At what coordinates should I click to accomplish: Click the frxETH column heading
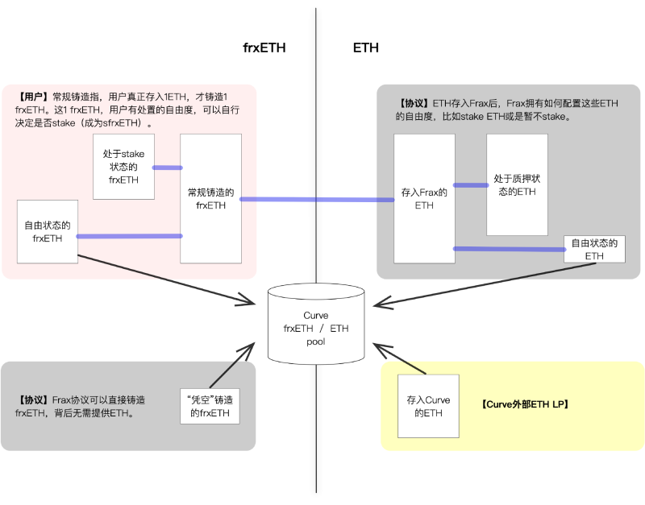pyautogui.click(x=264, y=48)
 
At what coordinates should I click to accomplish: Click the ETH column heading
pyautogui.click(x=366, y=48)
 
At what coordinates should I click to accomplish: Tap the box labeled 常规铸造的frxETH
pyautogui.click(x=210, y=198)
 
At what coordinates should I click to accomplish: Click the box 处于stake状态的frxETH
pyautogui.click(x=123, y=168)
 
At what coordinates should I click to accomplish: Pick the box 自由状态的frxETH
pyautogui.click(x=48, y=231)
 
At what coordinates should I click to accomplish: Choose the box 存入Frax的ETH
pyautogui.click(x=424, y=198)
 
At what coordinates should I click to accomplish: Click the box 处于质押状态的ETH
pyautogui.click(x=517, y=184)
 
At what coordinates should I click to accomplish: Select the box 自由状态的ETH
pyautogui.click(x=594, y=249)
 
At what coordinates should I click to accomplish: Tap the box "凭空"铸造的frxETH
pyautogui.click(x=210, y=408)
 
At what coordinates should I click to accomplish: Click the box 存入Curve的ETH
pyautogui.click(x=428, y=406)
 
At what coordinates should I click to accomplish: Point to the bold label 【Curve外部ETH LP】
pyautogui.click(x=525, y=405)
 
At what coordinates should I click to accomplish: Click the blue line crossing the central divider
pyautogui.click(x=316, y=199)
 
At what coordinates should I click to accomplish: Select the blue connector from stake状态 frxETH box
pyautogui.click(x=167, y=168)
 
